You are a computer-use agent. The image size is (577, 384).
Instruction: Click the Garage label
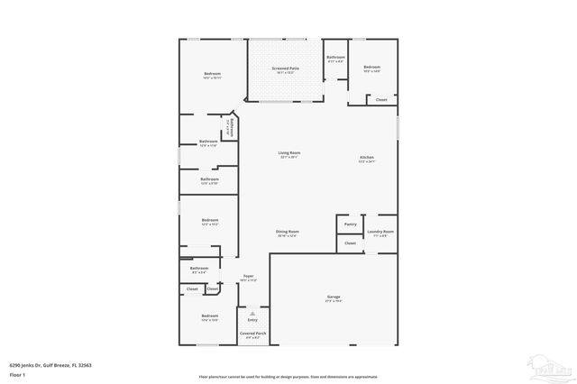click(x=334, y=297)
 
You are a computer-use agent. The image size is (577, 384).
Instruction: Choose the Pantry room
click(x=350, y=224)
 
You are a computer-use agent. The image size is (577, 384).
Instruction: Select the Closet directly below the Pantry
click(x=350, y=243)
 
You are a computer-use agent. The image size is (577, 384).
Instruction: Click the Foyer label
click(x=248, y=278)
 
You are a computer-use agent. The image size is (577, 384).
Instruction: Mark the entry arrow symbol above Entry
click(x=252, y=314)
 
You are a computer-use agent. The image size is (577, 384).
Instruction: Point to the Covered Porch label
click(x=252, y=334)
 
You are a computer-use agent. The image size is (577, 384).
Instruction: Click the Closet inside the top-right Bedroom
click(x=381, y=99)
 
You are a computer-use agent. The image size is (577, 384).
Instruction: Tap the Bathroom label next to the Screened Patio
click(x=336, y=60)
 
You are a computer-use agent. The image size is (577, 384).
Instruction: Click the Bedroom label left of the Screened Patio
click(x=212, y=75)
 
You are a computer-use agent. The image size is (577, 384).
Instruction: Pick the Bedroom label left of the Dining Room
click(x=210, y=222)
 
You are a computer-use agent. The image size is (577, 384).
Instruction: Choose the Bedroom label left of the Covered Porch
click(x=210, y=316)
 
